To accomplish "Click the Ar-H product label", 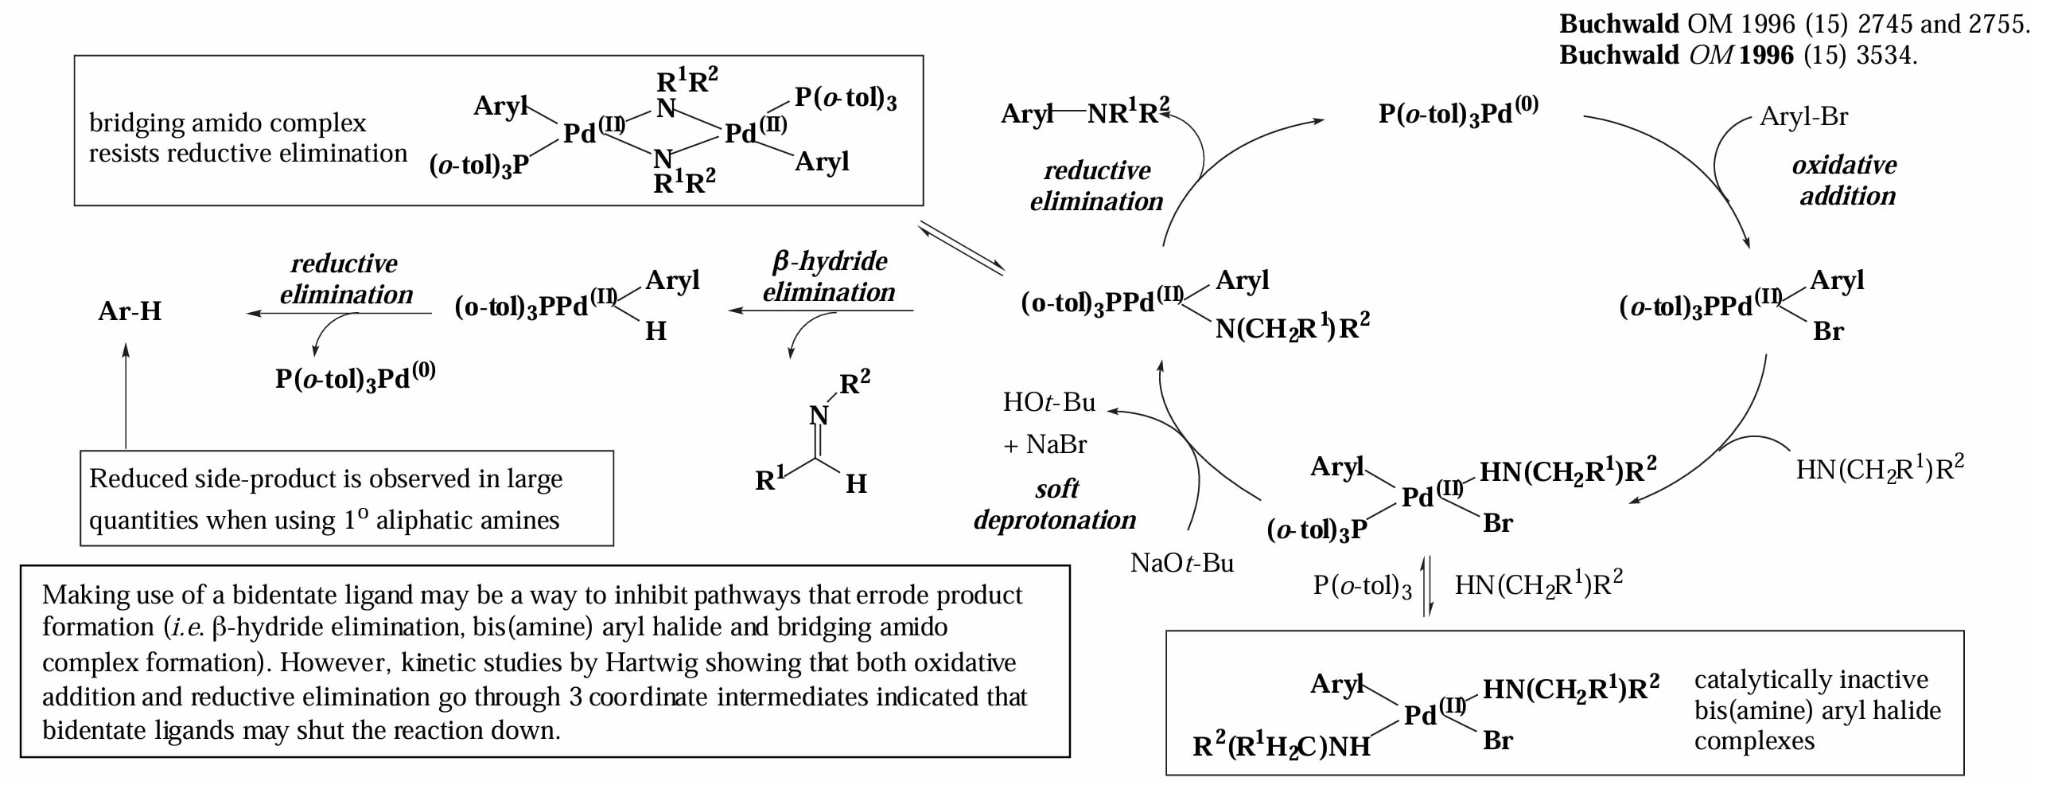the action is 130,311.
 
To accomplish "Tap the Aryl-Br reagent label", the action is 1803,116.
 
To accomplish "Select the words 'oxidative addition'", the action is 1845,180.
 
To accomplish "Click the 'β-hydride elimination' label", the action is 829,276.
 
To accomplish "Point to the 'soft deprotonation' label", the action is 1055,504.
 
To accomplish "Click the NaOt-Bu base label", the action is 1181,563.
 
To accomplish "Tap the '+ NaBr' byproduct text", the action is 1045,444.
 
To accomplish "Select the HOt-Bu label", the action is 1048,402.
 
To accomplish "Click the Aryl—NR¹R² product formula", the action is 1085,112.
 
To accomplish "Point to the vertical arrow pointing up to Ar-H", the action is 126,396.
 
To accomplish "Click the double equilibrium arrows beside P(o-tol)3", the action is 1428,586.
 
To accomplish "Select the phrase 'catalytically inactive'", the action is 1811,680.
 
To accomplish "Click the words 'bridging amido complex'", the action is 228,123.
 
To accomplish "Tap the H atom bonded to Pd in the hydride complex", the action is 655,331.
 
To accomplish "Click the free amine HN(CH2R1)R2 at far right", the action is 1879,469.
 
